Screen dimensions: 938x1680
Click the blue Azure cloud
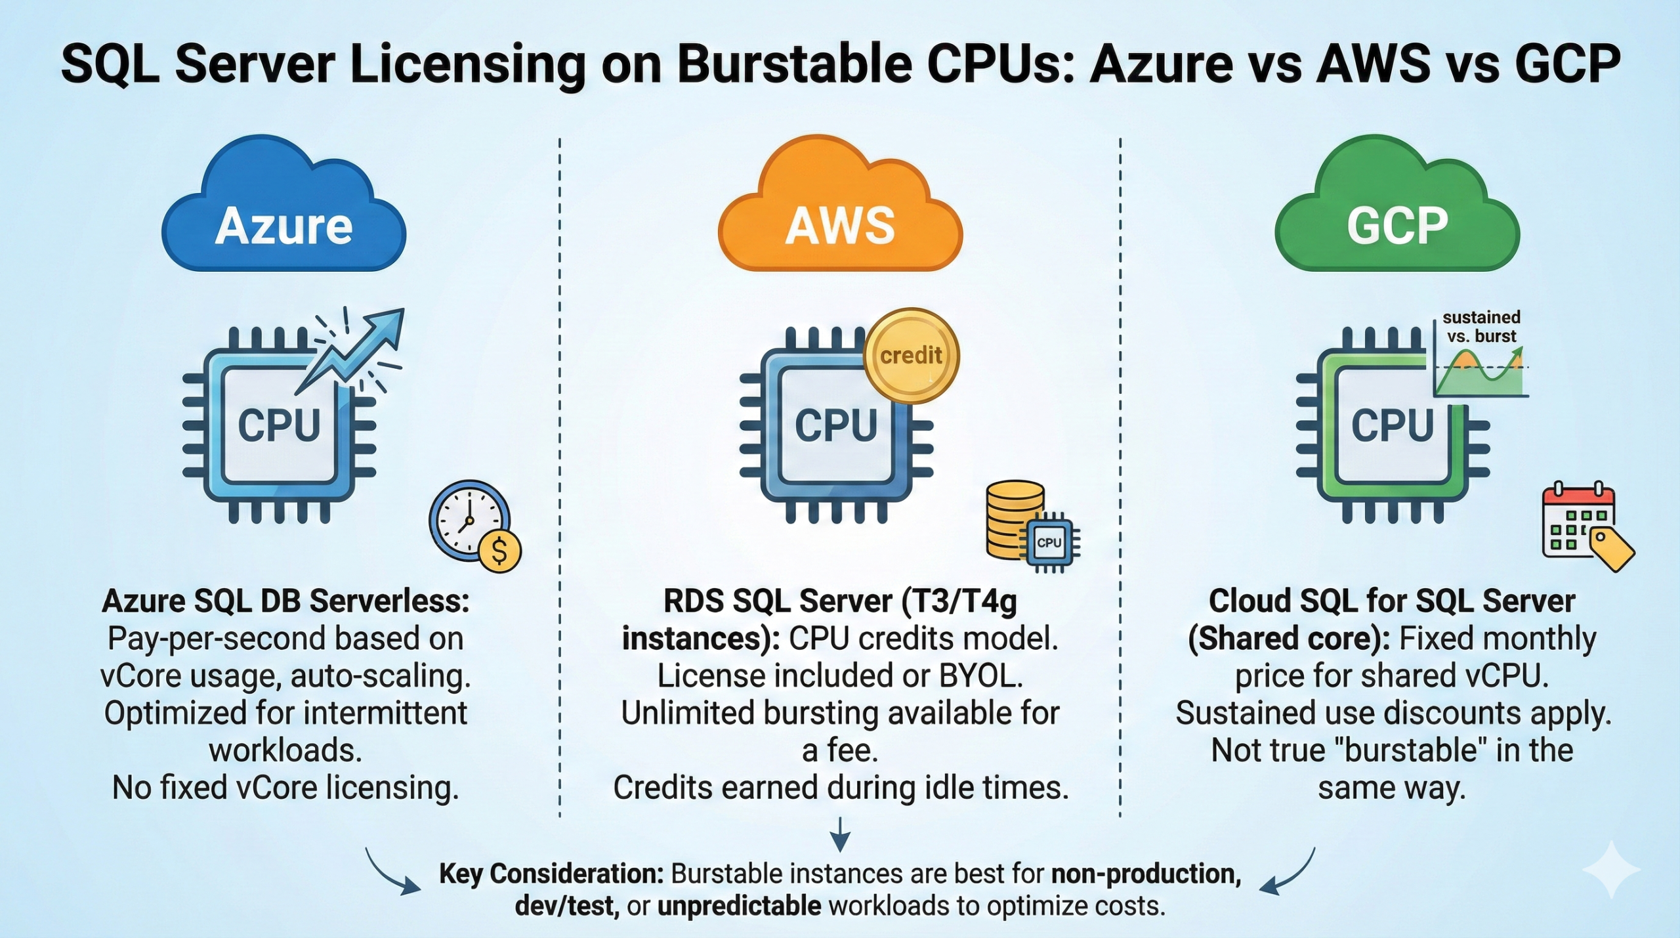(283, 210)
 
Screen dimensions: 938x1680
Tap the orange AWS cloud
(840, 210)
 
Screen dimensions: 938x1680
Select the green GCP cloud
(1397, 210)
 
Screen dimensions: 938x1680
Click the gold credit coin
(911, 356)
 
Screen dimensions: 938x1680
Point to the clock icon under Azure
(467, 520)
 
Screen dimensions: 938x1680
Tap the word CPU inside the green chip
(1392, 425)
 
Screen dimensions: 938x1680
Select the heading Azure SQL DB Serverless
(285, 601)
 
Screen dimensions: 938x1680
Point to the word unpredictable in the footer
(739, 906)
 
